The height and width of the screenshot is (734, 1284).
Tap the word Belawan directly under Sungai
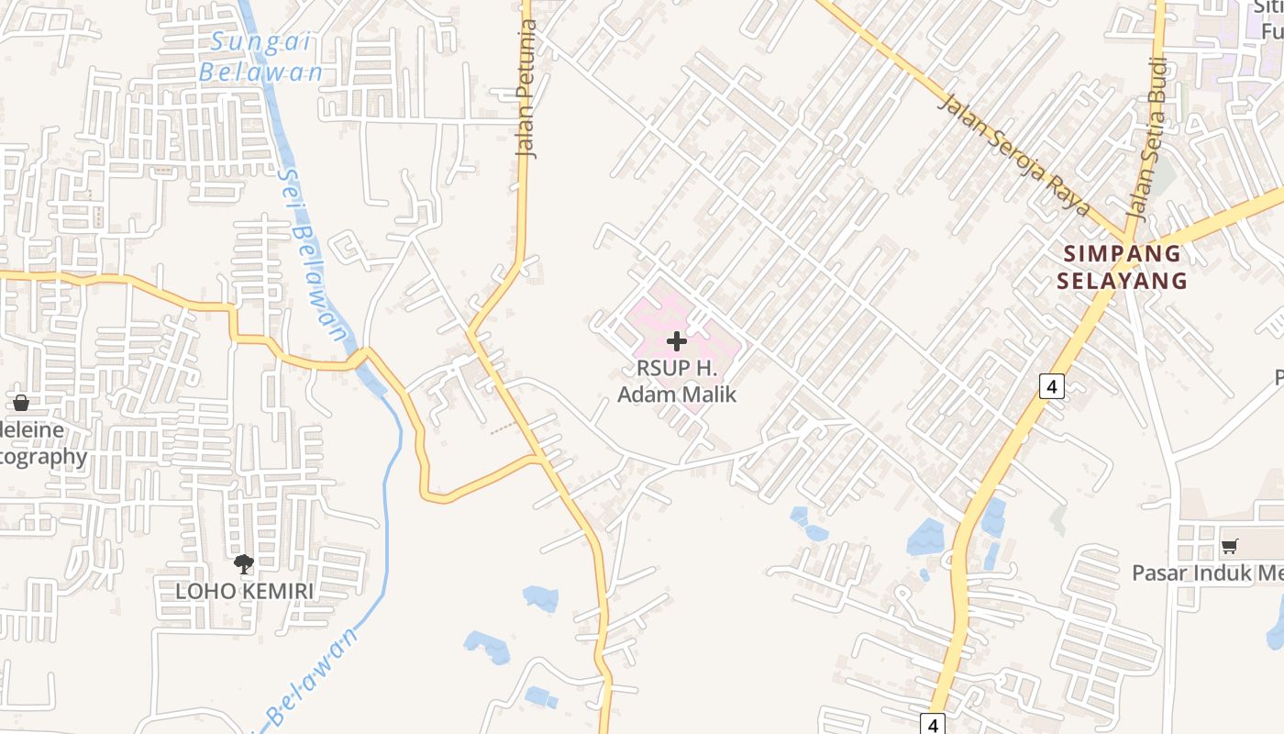(261, 72)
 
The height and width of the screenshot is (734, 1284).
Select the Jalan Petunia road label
(526, 89)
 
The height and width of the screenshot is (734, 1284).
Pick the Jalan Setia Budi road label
(1147, 138)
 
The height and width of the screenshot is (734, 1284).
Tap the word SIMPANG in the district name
(1122, 254)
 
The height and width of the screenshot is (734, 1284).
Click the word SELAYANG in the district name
(1122, 281)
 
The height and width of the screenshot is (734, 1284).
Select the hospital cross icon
(677, 341)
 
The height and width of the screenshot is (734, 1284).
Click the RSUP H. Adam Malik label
(677, 382)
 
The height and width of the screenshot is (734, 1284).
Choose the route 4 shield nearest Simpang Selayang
(1052, 386)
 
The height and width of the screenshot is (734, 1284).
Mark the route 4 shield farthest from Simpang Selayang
(933, 725)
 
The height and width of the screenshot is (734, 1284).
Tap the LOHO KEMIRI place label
(244, 591)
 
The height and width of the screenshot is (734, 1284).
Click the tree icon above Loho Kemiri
(244, 564)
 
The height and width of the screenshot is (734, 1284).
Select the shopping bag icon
(20, 402)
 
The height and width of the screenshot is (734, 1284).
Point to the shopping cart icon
(1229, 546)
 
